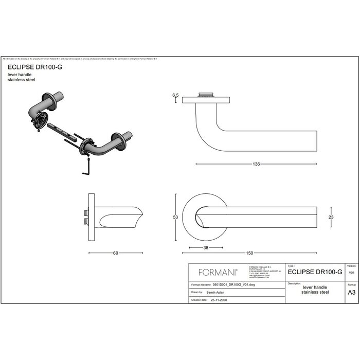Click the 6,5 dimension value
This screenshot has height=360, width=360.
pos(175,95)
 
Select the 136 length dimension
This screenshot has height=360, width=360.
pos(256,164)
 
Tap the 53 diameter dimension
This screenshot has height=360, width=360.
pos(175,218)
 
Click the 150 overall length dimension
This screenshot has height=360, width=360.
pos(250,253)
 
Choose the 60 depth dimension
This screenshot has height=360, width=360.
pos(115,253)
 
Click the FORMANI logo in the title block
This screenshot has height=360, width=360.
pos(217,273)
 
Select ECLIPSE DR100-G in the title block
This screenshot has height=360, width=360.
pos(315,272)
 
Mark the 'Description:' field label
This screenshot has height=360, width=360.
pos(295,283)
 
